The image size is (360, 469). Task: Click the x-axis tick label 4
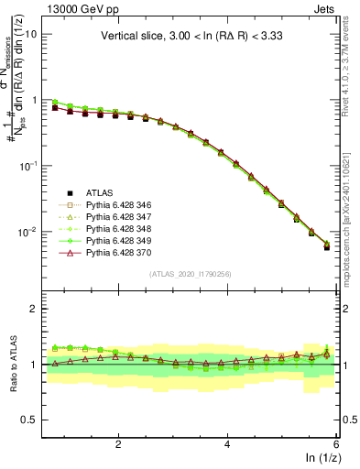227,444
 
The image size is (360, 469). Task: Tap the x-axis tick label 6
336,444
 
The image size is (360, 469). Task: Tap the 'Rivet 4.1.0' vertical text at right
351,55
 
